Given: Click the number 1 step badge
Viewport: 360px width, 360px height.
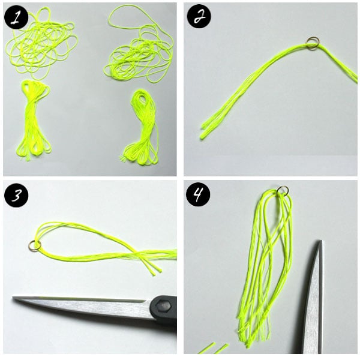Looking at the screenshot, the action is (x=16, y=17).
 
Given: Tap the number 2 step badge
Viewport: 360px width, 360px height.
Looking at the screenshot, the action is (x=199, y=16).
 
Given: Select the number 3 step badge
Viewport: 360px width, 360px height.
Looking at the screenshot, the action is (x=16, y=195).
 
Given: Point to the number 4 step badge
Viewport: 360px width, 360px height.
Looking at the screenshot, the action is (x=198, y=194).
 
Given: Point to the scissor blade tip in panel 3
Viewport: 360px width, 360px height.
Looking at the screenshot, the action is (x=13, y=298).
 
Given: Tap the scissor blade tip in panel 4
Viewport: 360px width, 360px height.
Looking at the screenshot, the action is (x=320, y=241).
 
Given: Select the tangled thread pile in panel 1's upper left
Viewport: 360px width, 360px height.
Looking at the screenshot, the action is (x=41, y=43).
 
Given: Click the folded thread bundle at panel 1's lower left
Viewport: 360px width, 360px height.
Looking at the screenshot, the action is (x=34, y=121).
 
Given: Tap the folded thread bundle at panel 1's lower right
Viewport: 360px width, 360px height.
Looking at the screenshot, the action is (x=141, y=127).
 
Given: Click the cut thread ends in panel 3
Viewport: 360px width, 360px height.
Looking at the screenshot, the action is (x=154, y=271).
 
